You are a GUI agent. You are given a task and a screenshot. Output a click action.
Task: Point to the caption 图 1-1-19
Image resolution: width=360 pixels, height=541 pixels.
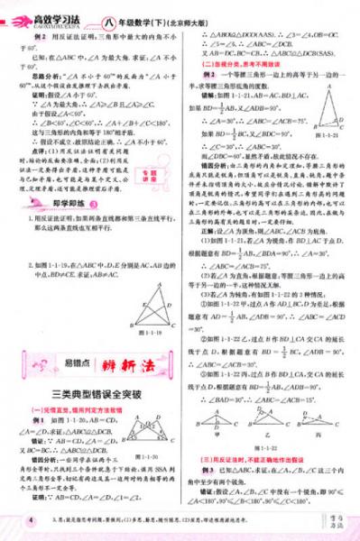point(155,333)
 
